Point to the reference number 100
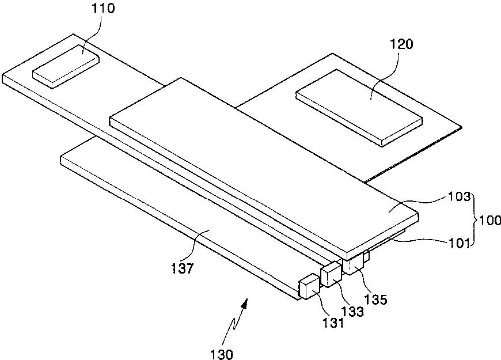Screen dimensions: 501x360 pos(490,219)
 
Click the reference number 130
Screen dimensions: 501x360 pos(222,354)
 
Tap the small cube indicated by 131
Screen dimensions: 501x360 pos(309,286)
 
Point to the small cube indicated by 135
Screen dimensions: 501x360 pos(352,263)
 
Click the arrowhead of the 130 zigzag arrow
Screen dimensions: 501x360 pos(248,301)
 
